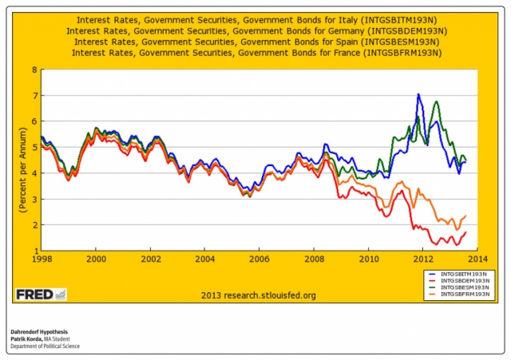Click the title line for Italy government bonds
coord(255,19)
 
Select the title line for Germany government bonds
coord(255,30)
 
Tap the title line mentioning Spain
coord(255,42)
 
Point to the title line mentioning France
coord(255,53)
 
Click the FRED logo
coord(41,295)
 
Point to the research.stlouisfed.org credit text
coord(255,295)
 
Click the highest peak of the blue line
coord(418,94)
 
